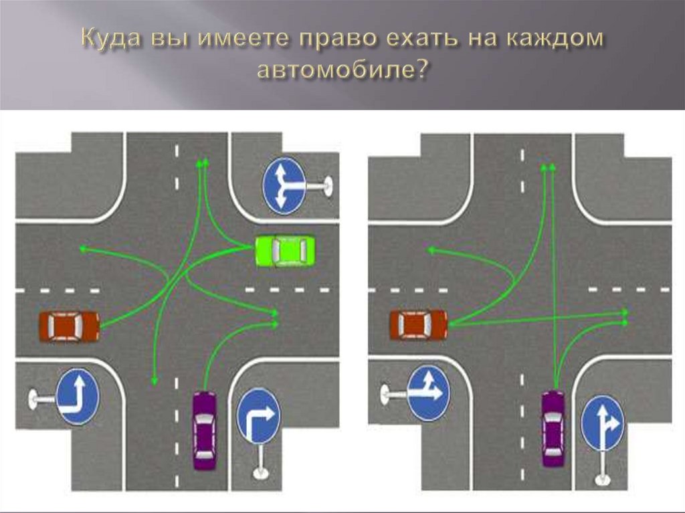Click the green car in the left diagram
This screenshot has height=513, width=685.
[x=285, y=251]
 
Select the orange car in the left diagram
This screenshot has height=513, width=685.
[x=69, y=326]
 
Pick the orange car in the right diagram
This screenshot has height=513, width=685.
[x=419, y=325]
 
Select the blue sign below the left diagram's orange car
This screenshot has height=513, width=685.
[x=78, y=397]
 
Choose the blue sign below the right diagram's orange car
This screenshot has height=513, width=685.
[x=428, y=392]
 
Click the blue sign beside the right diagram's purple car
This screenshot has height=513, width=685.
[x=602, y=423]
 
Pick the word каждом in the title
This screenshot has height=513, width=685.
[x=559, y=39]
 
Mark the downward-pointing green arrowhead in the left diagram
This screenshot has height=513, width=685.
[x=154, y=381]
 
